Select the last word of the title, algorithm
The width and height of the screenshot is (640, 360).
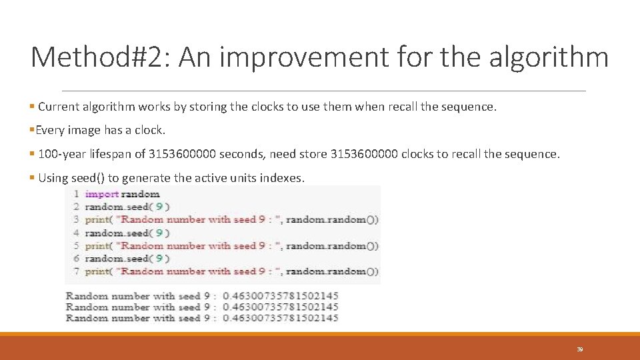pos(548,57)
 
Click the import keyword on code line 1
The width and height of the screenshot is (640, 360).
pos(102,194)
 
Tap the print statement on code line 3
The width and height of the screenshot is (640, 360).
pos(98,219)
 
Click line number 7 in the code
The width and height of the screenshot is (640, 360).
pos(77,271)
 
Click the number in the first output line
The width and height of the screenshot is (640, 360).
pos(281,296)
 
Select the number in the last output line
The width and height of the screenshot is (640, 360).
pos(281,318)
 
